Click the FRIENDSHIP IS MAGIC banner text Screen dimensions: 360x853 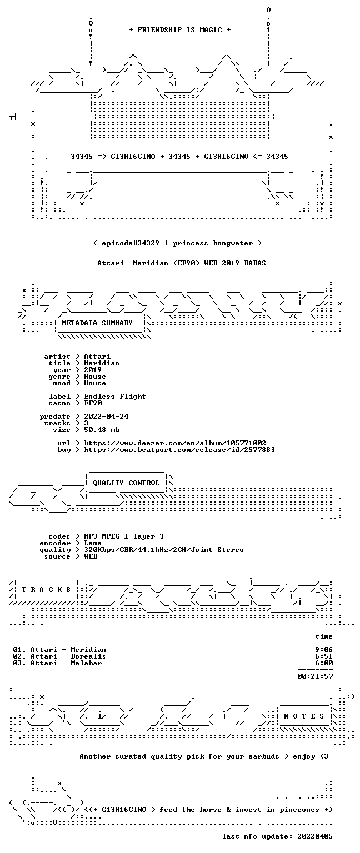pos(180,29)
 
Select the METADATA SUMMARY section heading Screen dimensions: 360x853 pos(97,323)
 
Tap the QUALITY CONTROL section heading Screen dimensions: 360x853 pos(126,483)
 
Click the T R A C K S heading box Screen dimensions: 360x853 pos(46,590)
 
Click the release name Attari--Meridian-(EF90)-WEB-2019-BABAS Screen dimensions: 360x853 pos(182,263)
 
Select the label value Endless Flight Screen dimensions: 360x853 pos(115,397)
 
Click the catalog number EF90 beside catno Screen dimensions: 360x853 pos(93,403)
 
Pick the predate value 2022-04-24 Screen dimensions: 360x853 pos(106,416)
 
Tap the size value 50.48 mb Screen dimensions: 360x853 pos(102,429)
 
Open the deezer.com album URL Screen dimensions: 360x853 pos(175,443)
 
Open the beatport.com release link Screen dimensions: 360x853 pos(179,450)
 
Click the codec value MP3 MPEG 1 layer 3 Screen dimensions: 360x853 pos(124,536)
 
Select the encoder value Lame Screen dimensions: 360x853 pos(93,543)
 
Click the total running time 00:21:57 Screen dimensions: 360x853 pos(315,676)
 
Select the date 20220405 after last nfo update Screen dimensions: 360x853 pos(315,836)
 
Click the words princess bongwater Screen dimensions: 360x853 pos(213,243)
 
